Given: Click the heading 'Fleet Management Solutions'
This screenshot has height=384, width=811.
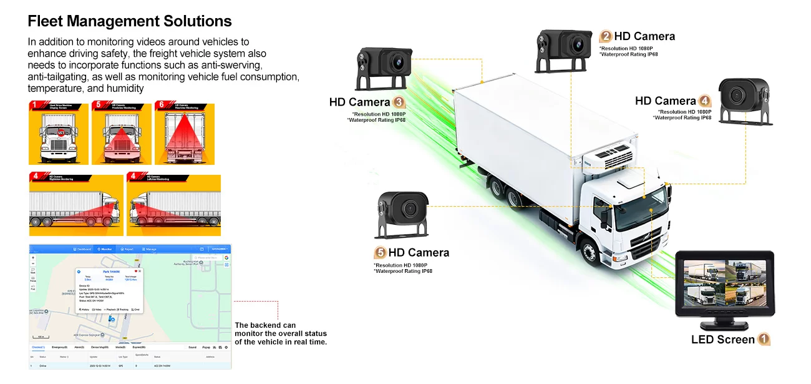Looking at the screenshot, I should [130, 21].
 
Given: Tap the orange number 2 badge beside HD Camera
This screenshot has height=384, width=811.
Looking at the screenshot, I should [605, 37].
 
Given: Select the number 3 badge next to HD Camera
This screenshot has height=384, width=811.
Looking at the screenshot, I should [399, 102].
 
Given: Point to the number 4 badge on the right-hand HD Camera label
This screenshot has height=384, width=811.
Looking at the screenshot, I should [704, 101].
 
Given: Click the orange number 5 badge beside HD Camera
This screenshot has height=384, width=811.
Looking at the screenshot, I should [379, 253].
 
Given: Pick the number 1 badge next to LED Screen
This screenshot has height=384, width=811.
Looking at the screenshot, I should [764, 340].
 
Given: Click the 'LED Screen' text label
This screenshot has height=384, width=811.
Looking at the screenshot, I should [722, 340].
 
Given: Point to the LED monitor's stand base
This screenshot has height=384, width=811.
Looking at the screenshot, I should [724, 326].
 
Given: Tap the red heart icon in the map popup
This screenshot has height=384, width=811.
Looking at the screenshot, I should [135, 271].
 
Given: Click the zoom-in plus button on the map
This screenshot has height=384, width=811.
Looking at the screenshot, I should [33, 258].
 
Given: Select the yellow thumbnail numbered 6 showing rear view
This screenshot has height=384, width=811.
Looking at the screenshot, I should [185, 134].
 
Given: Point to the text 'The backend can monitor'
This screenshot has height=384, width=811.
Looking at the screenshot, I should [280, 333].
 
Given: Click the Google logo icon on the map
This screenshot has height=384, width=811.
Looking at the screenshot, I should [226, 257].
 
